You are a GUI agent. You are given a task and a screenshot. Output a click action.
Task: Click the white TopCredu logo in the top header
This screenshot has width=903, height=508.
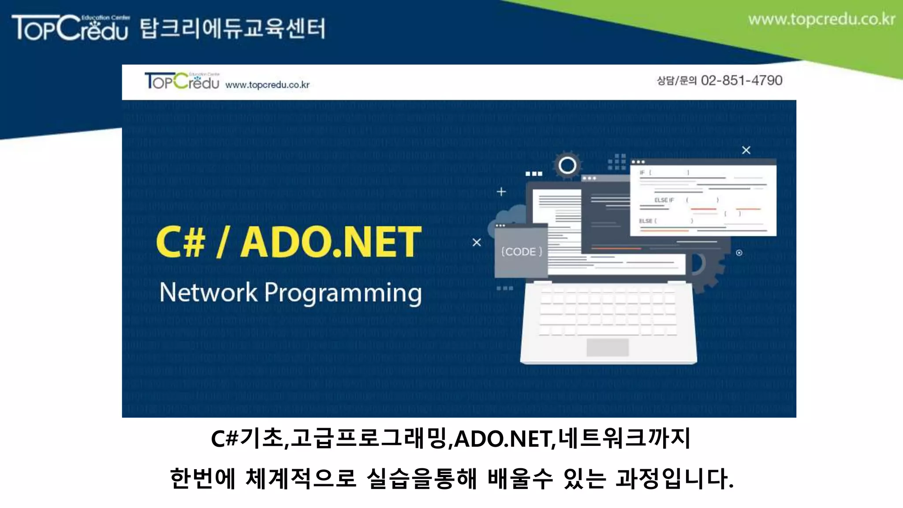[71, 28]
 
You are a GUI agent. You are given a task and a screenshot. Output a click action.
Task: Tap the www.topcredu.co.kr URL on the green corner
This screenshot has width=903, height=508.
[821, 20]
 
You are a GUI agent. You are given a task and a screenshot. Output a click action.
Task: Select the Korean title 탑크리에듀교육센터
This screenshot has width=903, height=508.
[233, 29]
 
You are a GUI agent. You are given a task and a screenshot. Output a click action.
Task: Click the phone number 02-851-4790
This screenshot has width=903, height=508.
[742, 80]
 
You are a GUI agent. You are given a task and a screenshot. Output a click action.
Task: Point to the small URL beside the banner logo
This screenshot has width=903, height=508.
[267, 85]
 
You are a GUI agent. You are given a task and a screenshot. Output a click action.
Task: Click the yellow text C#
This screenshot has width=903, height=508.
[181, 242]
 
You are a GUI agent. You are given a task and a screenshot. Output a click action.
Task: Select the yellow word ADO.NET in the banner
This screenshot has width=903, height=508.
[331, 242]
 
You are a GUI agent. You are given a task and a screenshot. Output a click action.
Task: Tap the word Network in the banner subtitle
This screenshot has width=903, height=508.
[208, 292]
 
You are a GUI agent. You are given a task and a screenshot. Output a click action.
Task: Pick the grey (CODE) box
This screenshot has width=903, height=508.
[521, 251]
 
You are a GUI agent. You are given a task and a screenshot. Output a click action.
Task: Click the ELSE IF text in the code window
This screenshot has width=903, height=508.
[664, 200]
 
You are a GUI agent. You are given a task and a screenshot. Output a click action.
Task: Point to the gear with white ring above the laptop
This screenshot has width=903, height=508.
[567, 166]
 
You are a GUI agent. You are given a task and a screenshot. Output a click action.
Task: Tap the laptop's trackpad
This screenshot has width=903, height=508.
[607, 347]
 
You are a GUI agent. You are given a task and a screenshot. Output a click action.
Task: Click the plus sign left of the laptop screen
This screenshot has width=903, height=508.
[501, 192]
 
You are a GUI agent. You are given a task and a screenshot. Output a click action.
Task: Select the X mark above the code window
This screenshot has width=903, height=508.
[746, 150]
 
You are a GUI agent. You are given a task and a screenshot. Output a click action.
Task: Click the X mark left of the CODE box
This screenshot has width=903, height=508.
[477, 243]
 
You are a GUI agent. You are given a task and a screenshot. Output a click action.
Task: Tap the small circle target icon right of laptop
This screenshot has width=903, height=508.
[739, 253]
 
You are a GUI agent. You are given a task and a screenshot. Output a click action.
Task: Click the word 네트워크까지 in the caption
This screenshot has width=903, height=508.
[623, 439]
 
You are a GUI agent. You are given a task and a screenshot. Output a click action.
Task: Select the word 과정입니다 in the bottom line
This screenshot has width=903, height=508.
[674, 479]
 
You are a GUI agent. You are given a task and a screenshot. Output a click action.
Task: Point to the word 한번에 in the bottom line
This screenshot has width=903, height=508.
[203, 479]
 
